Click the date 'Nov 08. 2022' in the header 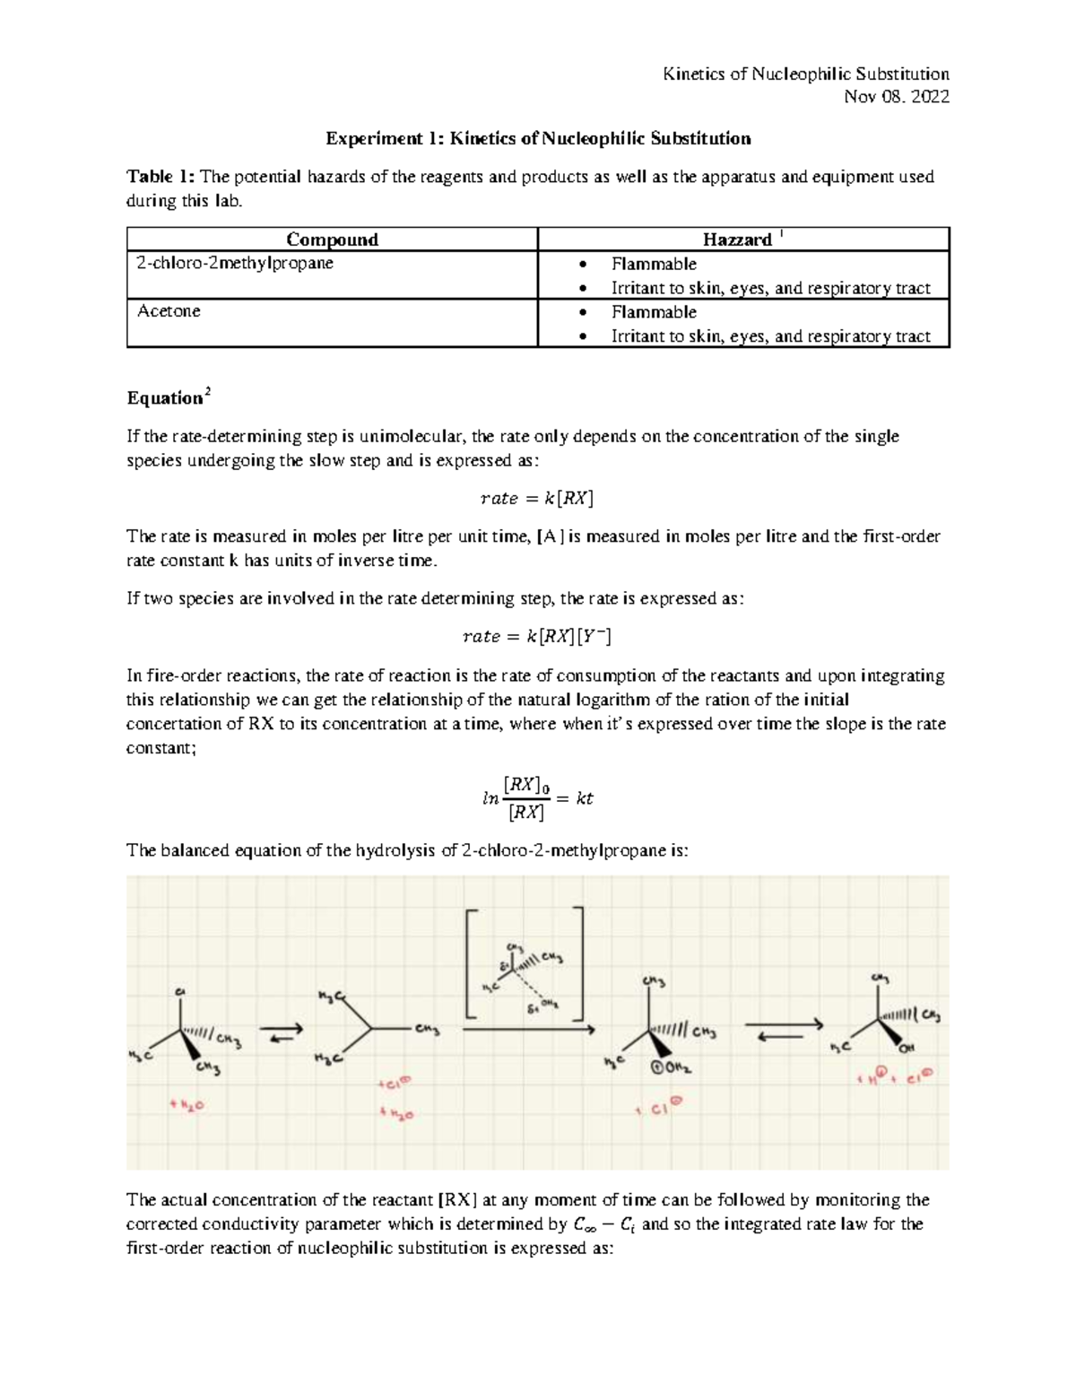[x=897, y=97]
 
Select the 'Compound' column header [x=332, y=239]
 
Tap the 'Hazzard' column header [x=737, y=239]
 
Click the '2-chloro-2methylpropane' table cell [x=235, y=264]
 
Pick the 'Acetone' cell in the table [x=169, y=311]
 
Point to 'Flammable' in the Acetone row [x=654, y=312]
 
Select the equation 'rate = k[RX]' [x=537, y=498]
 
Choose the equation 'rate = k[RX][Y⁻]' [x=537, y=636]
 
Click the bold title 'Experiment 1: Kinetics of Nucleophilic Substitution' [x=537, y=138]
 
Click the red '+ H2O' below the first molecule [x=187, y=1105]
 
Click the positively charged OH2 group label [x=671, y=1068]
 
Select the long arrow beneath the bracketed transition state [x=529, y=1031]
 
